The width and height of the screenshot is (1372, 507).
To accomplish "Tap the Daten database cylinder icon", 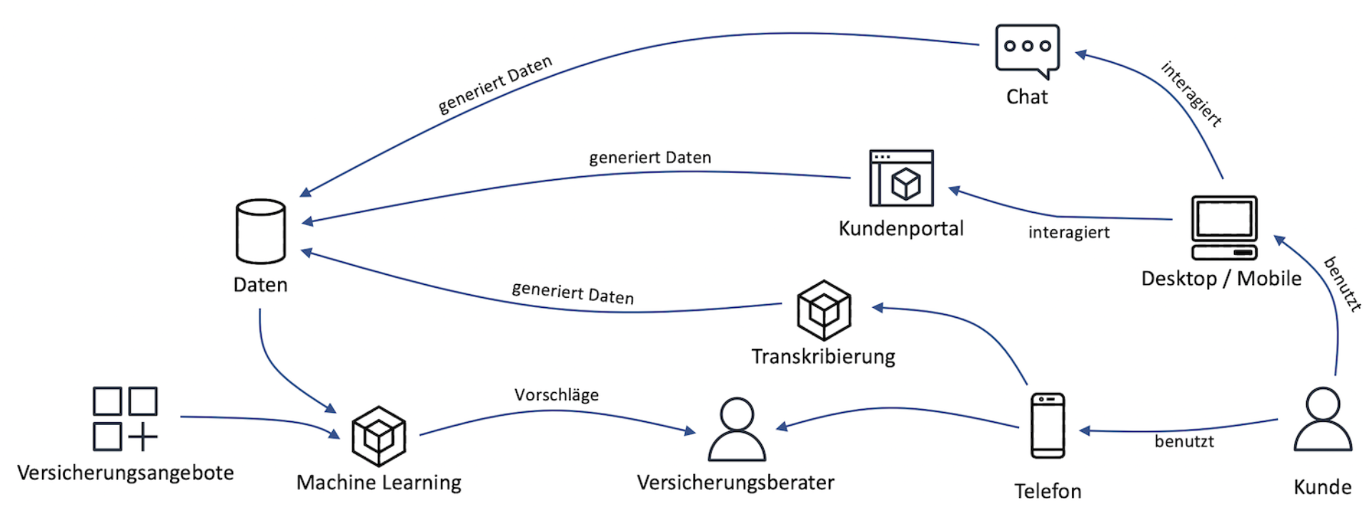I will pos(261,231).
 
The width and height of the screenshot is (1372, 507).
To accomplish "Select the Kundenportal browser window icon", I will pos(901,178).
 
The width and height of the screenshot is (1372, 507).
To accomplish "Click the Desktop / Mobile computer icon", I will pos(1224,227).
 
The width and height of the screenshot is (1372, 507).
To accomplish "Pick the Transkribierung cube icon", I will pos(824,310).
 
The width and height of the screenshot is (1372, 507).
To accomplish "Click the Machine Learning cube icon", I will pos(379,436).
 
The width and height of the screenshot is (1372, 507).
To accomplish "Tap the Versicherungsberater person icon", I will pos(737,429).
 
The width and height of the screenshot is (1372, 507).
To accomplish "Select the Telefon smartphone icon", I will pos(1048,425).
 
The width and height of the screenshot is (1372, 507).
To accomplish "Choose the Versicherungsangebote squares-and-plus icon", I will pos(125,419).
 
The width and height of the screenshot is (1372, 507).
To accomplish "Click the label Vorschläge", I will pos(557,395).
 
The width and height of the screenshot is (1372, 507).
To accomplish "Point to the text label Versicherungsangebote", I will pos(126,473).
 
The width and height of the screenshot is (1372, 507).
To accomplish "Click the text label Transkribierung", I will pos(823,356).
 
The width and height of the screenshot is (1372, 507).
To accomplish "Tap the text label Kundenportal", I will pos(901,229).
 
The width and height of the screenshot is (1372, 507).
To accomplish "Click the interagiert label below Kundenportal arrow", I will pos(1069,232).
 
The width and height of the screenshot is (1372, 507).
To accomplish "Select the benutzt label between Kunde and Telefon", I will pos(1184,441).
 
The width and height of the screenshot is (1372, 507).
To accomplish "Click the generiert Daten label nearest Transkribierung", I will pos(572,293).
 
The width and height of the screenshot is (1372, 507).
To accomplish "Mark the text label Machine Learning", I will pos(379,483).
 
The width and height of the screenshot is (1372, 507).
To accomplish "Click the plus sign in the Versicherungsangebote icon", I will pos(143,436).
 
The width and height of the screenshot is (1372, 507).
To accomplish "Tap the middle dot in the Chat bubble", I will pos(1028,46).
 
